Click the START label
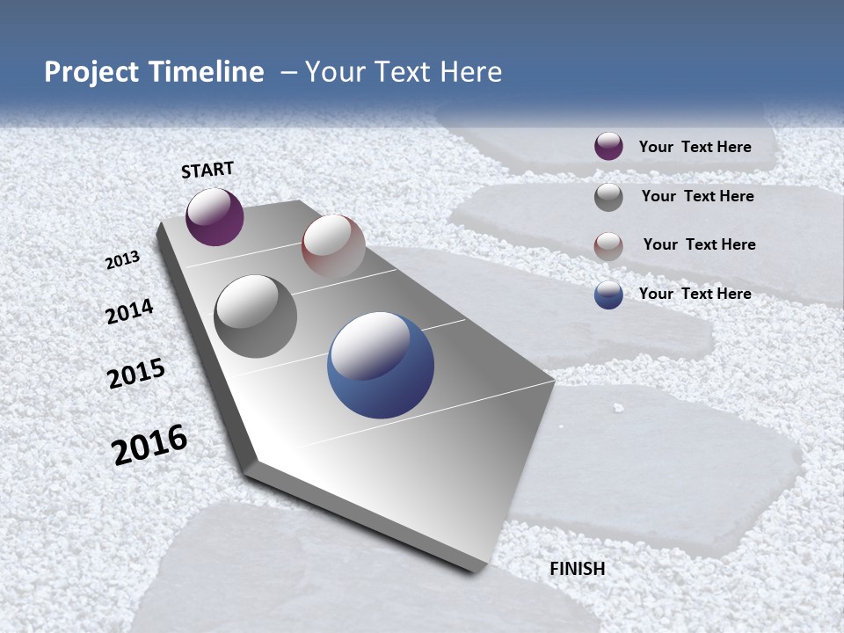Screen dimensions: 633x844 207,170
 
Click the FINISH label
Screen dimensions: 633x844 578,569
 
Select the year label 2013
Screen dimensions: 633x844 123,260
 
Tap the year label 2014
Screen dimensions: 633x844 129,311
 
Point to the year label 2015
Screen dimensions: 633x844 136,374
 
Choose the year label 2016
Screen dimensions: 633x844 149,445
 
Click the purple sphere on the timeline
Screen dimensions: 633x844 215,216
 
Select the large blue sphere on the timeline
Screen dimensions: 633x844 381,365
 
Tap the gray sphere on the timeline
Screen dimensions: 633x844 256,316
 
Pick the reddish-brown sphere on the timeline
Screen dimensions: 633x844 333,246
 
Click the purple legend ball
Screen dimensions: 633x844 608,147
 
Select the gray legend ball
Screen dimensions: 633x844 608,197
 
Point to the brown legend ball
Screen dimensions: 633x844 608,246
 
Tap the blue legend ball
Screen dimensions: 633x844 608,295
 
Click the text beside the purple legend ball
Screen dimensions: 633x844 695,147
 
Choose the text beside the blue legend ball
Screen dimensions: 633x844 695,294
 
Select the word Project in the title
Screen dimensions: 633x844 89,72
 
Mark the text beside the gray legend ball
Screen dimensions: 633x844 697,196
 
